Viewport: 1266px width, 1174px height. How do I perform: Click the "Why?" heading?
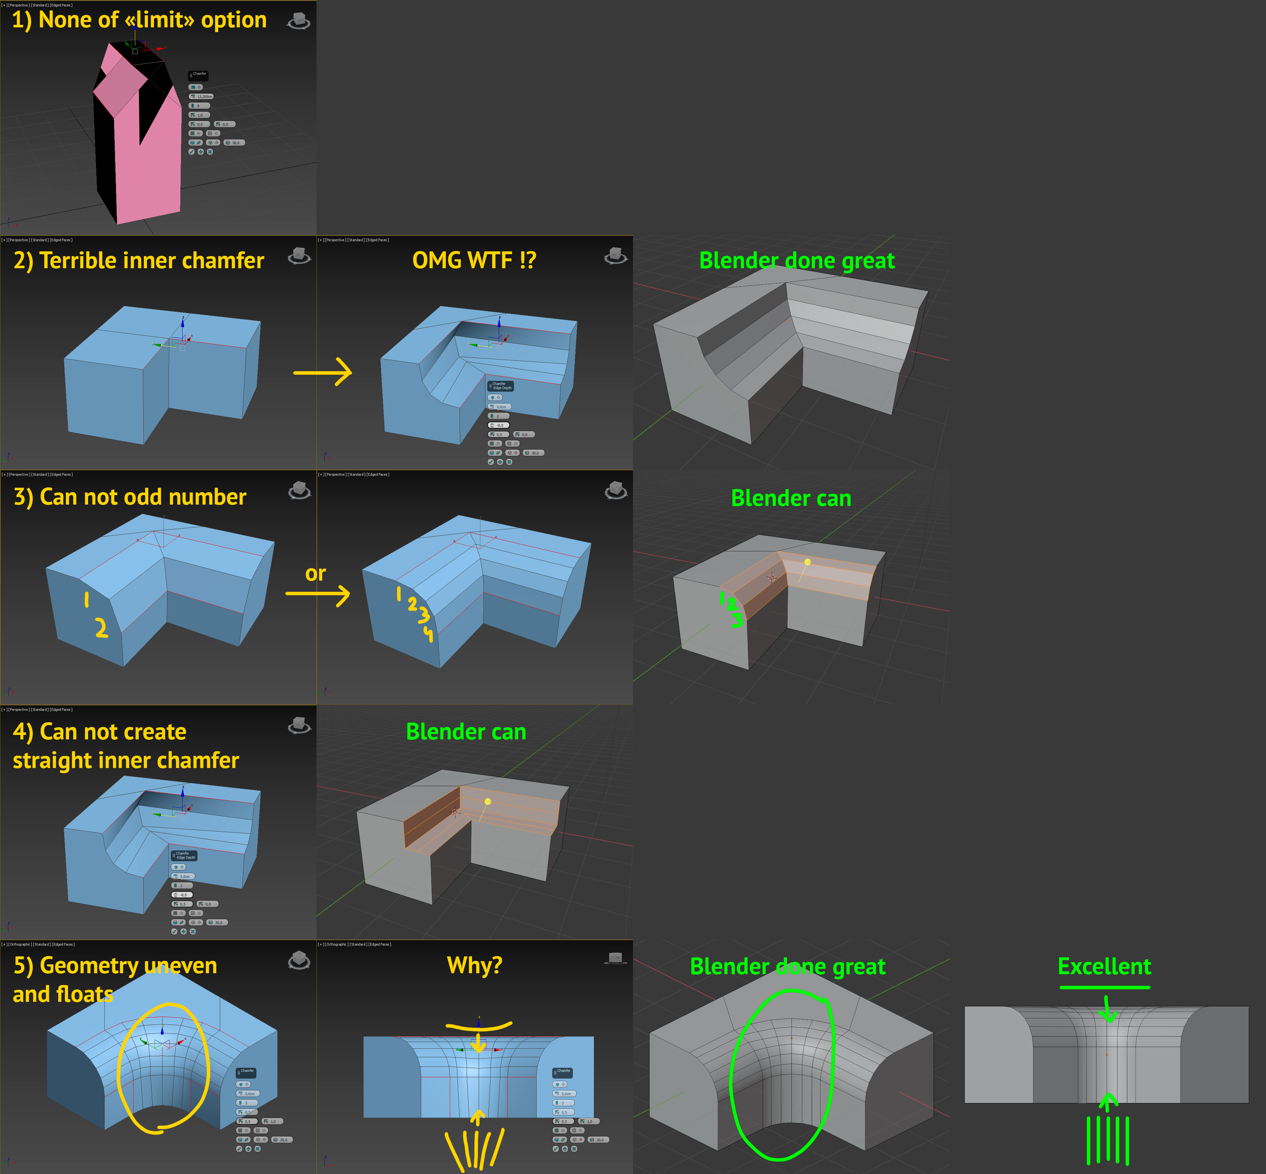pyautogui.click(x=475, y=965)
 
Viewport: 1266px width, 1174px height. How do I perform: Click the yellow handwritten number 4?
pyautogui.click(x=429, y=633)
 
